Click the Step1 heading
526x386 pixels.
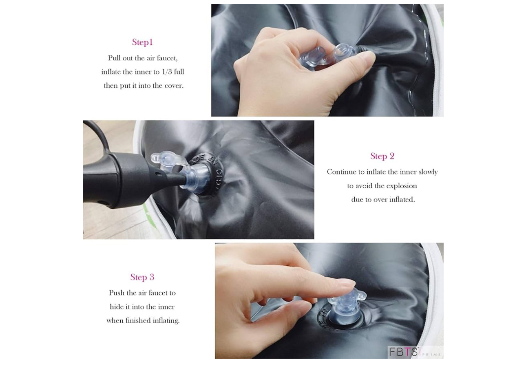coord(142,42)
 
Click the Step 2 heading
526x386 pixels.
coord(382,156)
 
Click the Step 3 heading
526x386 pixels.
coord(142,277)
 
